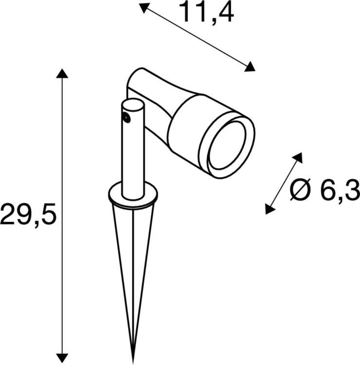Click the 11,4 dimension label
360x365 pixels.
(207, 13)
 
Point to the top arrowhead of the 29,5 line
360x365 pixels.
(61, 73)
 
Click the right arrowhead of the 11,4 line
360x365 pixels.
(250, 67)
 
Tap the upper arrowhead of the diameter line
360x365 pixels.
(297, 158)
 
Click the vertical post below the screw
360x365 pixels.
(132, 161)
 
